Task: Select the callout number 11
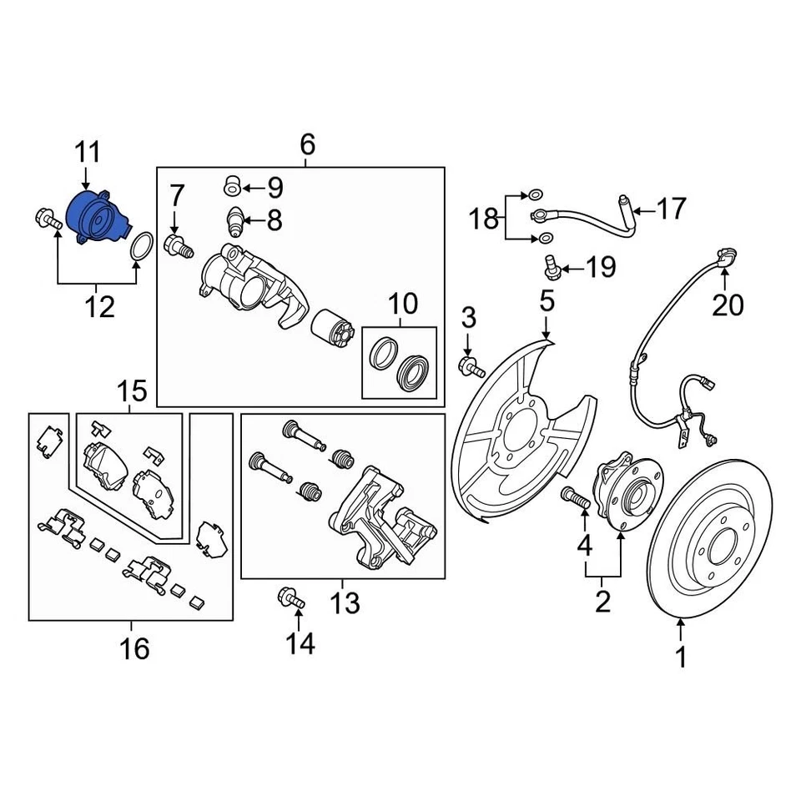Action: click(88, 154)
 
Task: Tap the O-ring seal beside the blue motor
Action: click(141, 248)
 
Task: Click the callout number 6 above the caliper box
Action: click(307, 145)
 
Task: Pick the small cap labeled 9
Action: click(233, 184)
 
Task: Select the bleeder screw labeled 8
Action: click(236, 221)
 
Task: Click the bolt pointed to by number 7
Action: click(178, 245)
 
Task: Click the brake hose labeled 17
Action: click(584, 216)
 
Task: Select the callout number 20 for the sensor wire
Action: click(727, 306)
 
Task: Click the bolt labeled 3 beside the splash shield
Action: click(471, 365)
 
